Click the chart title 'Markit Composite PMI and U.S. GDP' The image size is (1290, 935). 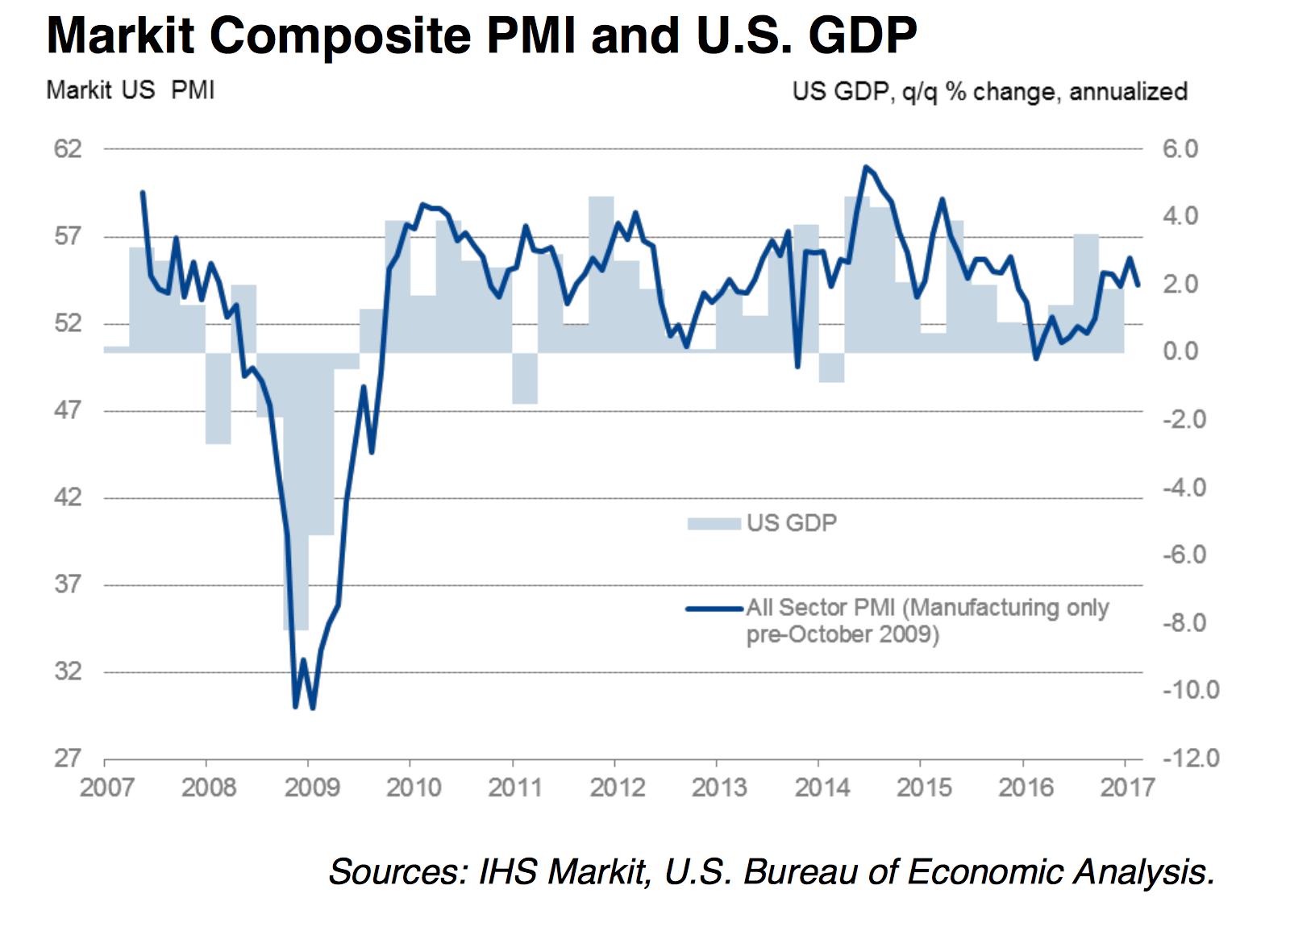click(481, 36)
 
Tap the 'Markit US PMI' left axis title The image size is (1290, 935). click(131, 89)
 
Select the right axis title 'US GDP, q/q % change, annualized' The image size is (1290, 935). click(989, 91)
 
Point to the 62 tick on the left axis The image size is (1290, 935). click(68, 149)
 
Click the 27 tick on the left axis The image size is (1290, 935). click(68, 758)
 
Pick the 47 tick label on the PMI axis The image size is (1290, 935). click(68, 410)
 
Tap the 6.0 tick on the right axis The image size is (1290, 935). click(1180, 149)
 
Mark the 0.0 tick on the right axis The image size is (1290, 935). click(1180, 352)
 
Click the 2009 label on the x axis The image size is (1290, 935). click(312, 787)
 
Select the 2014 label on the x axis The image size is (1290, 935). click(822, 787)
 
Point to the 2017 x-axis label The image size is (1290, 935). click(1127, 787)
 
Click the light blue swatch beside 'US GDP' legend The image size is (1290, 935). click(714, 524)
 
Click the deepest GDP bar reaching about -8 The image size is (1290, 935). click(296, 564)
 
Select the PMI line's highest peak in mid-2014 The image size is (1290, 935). click(865, 168)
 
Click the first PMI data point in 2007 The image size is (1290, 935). click(143, 193)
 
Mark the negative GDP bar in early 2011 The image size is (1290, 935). click(525, 378)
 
